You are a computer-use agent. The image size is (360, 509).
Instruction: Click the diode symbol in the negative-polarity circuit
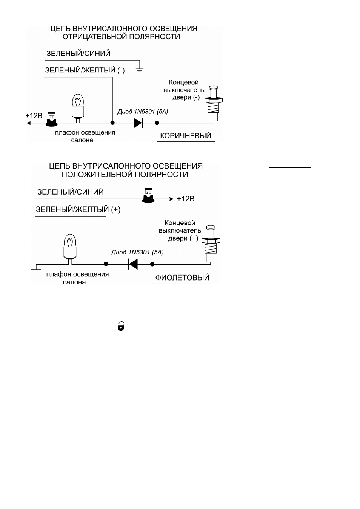pyautogui.click(x=138, y=123)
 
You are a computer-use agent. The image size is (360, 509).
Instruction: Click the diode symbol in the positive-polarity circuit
pyautogui.click(x=133, y=264)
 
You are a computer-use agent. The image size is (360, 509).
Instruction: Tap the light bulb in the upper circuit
pyautogui.click(x=78, y=108)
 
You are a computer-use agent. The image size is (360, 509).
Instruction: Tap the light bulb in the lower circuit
pyautogui.click(x=70, y=249)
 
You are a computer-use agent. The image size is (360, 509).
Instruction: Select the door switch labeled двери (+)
pyautogui.click(x=211, y=244)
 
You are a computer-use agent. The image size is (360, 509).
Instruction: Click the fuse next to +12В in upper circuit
pyautogui.click(x=52, y=119)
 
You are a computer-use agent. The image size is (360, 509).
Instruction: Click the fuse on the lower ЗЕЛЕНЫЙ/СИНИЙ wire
pyautogui.click(x=148, y=195)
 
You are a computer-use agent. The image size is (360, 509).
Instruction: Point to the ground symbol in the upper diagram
pyautogui.click(x=140, y=70)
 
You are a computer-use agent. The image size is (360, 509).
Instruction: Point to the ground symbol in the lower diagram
pyautogui.click(x=36, y=271)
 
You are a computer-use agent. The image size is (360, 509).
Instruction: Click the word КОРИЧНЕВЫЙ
pyautogui.click(x=186, y=136)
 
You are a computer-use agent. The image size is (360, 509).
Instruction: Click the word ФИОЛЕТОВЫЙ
pyautogui.click(x=182, y=277)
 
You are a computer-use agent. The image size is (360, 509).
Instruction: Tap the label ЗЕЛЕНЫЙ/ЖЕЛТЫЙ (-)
pyautogui.click(x=85, y=70)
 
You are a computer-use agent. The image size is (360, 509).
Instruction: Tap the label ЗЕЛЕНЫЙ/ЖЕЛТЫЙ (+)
pyautogui.click(x=78, y=209)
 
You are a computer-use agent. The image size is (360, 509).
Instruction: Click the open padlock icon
pyautogui.click(x=121, y=326)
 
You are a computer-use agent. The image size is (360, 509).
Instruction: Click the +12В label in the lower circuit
pyautogui.click(x=186, y=199)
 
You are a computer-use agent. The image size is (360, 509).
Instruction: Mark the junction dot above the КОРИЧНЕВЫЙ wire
pyautogui.click(x=157, y=123)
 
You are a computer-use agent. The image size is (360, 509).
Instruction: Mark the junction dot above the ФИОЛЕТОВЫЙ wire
pyautogui.click(x=152, y=264)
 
